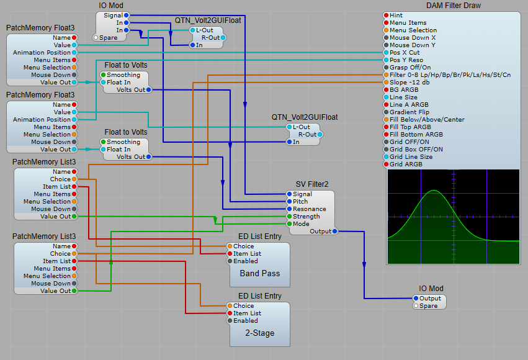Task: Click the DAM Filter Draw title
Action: tap(453, 6)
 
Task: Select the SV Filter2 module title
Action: tap(312, 184)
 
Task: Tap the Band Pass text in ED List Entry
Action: tap(259, 274)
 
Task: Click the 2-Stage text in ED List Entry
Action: tap(259, 333)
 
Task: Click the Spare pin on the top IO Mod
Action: tap(96, 37)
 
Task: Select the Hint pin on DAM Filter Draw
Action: tap(386, 15)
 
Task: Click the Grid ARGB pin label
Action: tap(406, 164)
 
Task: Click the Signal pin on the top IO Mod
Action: tap(126, 15)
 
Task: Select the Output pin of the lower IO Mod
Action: tap(416, 299)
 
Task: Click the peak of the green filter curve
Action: tap(435, 190)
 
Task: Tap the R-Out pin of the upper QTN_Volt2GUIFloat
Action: tap(223, 37)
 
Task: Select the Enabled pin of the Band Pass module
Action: tap(230, 261)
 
